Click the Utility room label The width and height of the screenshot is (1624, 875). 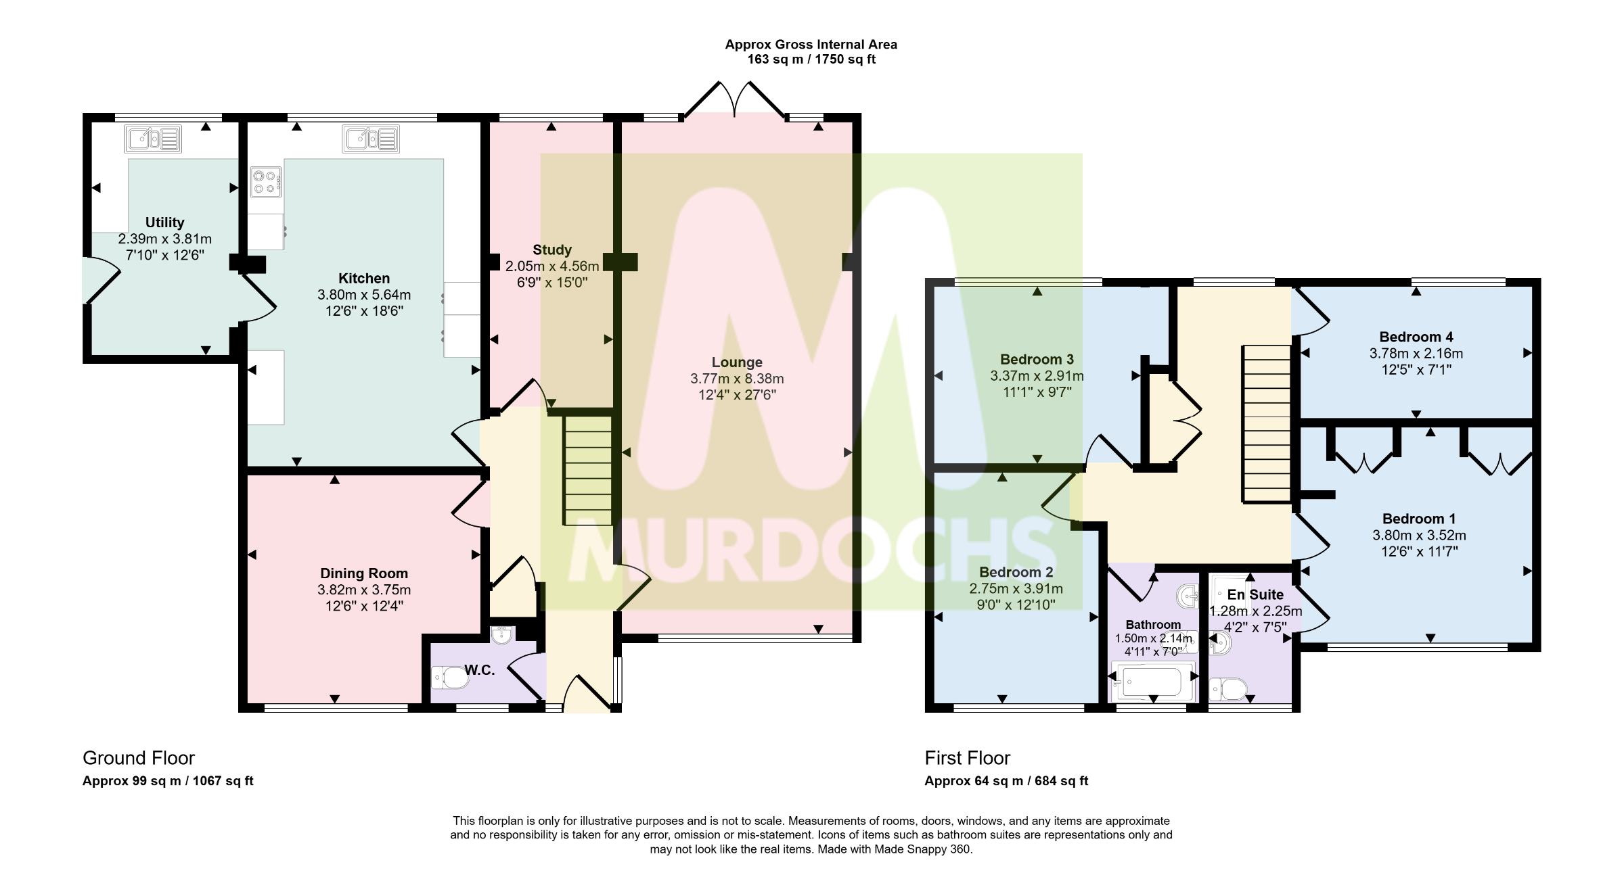click(x=164, y=222)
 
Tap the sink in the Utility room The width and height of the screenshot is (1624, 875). click(x=153, y=139)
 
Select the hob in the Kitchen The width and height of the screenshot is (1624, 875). click(x=266, y=181)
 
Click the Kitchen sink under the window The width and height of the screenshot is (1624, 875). click(x=371, y=139)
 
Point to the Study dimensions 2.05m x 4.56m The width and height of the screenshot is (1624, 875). click(x=552, y=266)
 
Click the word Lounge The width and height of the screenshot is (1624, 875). click(x=737, y=362)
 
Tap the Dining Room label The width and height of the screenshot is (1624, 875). click(x=364, y=573)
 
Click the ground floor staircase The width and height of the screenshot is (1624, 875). click(x=588, y=470)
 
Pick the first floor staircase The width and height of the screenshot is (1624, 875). click(x=1267, y=424)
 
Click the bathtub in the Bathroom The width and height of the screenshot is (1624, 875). click(x=1153, y=681)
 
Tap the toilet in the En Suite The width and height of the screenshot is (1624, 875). click(x=1228, y=690)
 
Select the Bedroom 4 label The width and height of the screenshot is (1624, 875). click(x=1416, y=337)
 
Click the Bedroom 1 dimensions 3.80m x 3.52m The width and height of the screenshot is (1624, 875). click(x=1419, y=536)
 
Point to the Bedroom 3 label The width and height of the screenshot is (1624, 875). click(x=1037, y=359)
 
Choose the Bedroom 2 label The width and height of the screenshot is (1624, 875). click(x=1016, y=572)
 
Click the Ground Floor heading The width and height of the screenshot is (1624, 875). click(x=139, y=758)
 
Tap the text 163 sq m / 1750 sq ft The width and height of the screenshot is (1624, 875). click(x=811, y=60)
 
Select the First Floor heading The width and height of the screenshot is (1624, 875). click(x=968, y=758)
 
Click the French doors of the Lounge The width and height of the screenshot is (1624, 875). click(x=735, y=99)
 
